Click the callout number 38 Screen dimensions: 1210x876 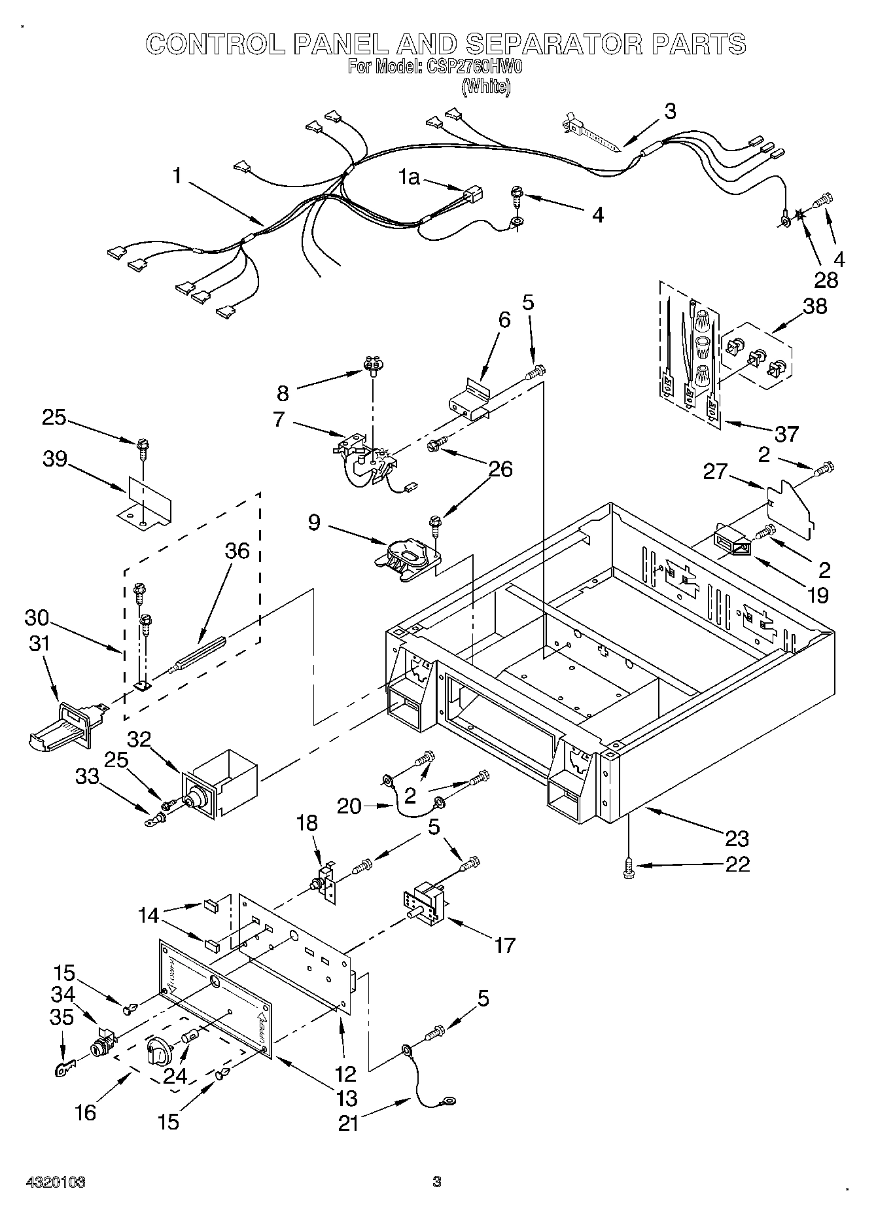[815, 306]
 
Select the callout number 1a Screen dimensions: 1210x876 [410, 177]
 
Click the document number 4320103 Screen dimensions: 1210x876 [56, 1181]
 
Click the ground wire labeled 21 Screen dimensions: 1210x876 [425, 1083]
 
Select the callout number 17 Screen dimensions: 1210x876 [504, 944]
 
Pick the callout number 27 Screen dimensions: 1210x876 [716, 472]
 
